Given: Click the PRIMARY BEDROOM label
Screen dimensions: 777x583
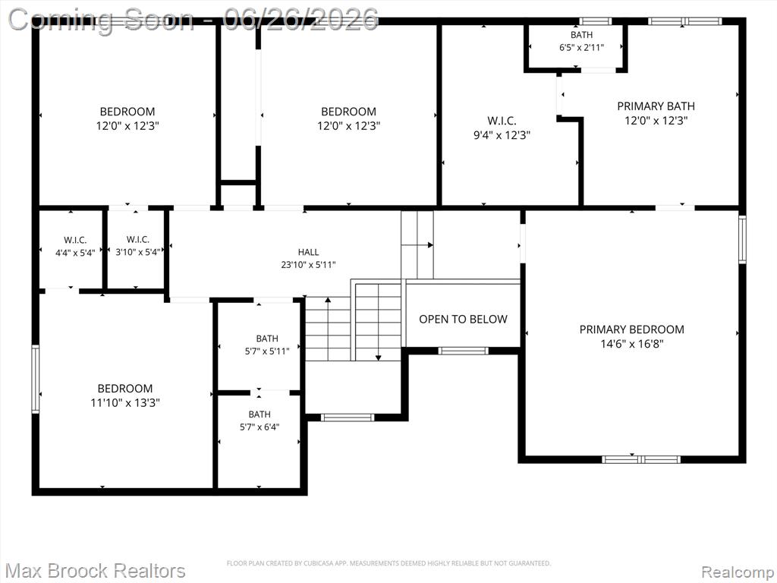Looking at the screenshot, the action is tap(632, 329).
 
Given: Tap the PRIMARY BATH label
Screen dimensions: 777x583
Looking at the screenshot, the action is tap(656, 106).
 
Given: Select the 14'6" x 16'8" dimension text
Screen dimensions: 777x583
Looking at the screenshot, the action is tap(632, 344).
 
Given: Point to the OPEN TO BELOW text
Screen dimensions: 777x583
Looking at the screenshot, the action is tap(464, 320).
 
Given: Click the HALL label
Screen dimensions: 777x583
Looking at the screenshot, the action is tap(308, 252).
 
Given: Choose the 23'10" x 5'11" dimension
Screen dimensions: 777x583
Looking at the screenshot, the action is tap(308, 265).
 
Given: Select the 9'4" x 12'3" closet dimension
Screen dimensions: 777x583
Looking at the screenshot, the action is tap(502, 135).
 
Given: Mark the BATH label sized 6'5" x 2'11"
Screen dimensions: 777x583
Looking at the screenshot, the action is tap(581, 35).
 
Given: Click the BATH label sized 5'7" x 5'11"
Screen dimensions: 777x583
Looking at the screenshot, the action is tap(267, 339).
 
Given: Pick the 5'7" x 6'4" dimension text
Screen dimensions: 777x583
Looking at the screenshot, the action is tap(260, 427).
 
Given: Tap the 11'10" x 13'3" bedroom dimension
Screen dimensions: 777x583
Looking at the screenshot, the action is tap(125, 402).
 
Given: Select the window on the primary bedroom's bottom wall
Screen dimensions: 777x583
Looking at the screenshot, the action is tap(641, 459).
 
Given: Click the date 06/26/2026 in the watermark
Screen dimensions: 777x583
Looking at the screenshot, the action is tap(301, 19).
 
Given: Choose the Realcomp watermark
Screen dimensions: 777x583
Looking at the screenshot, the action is tap(737, 572).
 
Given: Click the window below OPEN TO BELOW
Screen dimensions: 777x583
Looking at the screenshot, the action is tap(464, 351).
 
